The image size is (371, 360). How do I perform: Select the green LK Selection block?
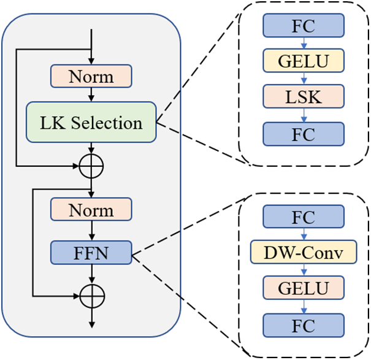91,123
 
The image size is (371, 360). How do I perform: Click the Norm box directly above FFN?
91,210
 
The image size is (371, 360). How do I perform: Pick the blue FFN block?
91,251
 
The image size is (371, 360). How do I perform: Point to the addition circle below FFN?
91,296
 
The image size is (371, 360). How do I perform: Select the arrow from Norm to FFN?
91,231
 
